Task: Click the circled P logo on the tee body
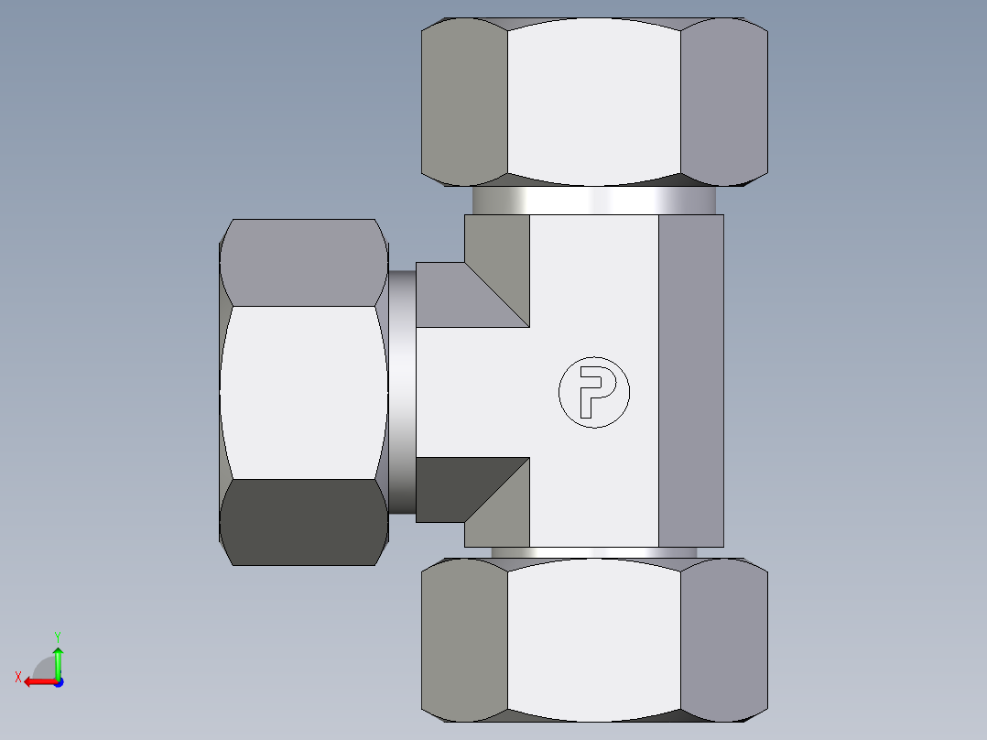(x=594, y=391)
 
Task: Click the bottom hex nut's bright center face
(x=594, y=639)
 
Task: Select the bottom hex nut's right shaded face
(x=724, y=639)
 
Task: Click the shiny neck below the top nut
(x=594, y=201)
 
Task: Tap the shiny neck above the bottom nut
(x=594, y=553)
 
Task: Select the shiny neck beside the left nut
(x=402, y=392)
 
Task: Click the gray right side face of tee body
(x=691, y=380)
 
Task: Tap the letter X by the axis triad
(x=18, y=677)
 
